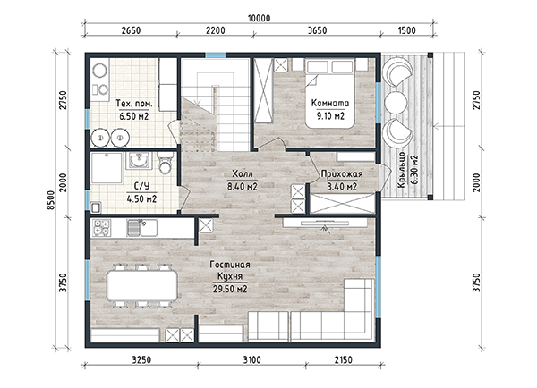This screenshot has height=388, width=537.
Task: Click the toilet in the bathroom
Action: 166,163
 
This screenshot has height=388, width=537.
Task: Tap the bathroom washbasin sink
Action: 139,160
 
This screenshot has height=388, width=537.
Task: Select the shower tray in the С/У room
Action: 107,168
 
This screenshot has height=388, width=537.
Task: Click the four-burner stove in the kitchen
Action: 102,228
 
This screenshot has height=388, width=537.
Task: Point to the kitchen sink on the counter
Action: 142,228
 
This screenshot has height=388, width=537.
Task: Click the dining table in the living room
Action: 142,286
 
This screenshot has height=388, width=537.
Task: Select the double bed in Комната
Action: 330,93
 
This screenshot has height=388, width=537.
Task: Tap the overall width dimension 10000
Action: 259,18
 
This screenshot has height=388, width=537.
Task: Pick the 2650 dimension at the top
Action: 131,30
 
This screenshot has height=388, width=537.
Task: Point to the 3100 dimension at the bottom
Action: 251,360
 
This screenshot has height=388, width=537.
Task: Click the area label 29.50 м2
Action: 230,289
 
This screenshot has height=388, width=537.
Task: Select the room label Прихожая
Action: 342,174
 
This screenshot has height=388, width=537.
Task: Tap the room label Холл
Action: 243,173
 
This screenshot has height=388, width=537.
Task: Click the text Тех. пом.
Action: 134,104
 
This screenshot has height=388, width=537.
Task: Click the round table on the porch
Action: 396,102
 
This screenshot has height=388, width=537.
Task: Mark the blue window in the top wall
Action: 216,55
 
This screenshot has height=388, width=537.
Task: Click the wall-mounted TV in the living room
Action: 325,224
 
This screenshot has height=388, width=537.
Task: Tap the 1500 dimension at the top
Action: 407,30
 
